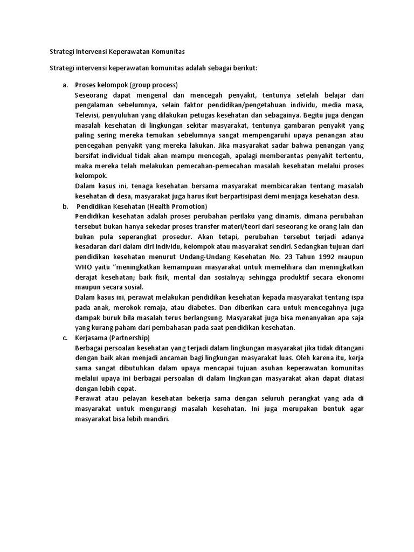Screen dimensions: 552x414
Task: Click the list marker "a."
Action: coord(65,85)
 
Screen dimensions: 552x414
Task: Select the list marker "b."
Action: coord(65,206)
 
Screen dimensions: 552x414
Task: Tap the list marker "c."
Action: coord(65,337)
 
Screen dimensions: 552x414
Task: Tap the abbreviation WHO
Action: coord(84,267)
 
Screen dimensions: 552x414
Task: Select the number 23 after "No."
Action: coord(285,257)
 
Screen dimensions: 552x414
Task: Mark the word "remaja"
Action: coord(151,308)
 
